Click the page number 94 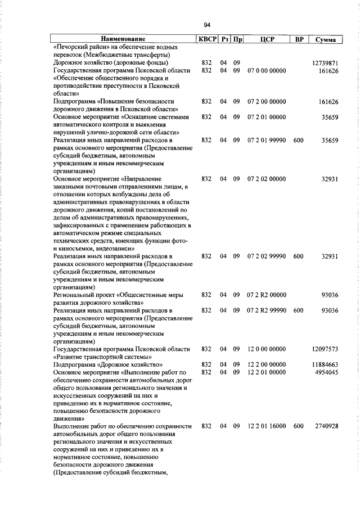click(207, 25)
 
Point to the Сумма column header click(326, 39)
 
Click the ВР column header click(299, 39)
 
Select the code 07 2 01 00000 click(267, 117)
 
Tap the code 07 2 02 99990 click(267, 256)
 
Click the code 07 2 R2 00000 click(267, 294)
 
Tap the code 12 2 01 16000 click(267, 426)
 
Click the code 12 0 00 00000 click(267, 349)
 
